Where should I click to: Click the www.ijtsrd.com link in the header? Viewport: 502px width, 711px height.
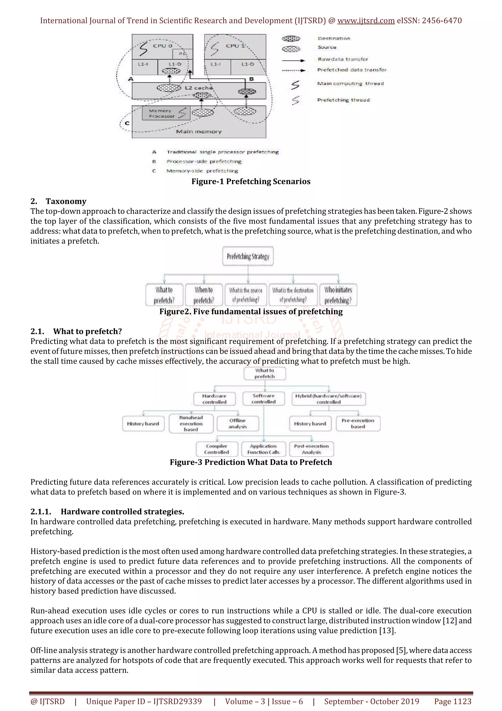coord(366,21)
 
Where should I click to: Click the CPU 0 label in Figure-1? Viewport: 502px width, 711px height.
coord(162,46)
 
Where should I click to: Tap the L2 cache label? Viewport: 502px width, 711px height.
coord(199,88)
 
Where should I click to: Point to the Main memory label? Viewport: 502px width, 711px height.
coord(199,132)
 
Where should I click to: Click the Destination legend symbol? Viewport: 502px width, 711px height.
coord(291,39)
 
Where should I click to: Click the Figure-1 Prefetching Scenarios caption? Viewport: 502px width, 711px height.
coord(251,182)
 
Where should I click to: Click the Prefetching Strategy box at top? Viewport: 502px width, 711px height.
coord(248,256)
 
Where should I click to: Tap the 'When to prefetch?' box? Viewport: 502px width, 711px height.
coord(203,295)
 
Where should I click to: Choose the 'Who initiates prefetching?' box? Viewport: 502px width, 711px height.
coord(338,295)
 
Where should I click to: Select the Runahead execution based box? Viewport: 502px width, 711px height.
coord(191,424)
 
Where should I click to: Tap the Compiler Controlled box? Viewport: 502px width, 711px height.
coord(217,449)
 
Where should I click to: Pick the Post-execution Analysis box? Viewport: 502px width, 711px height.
coord(312,449)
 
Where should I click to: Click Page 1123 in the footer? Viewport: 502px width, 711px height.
coord(452,701)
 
